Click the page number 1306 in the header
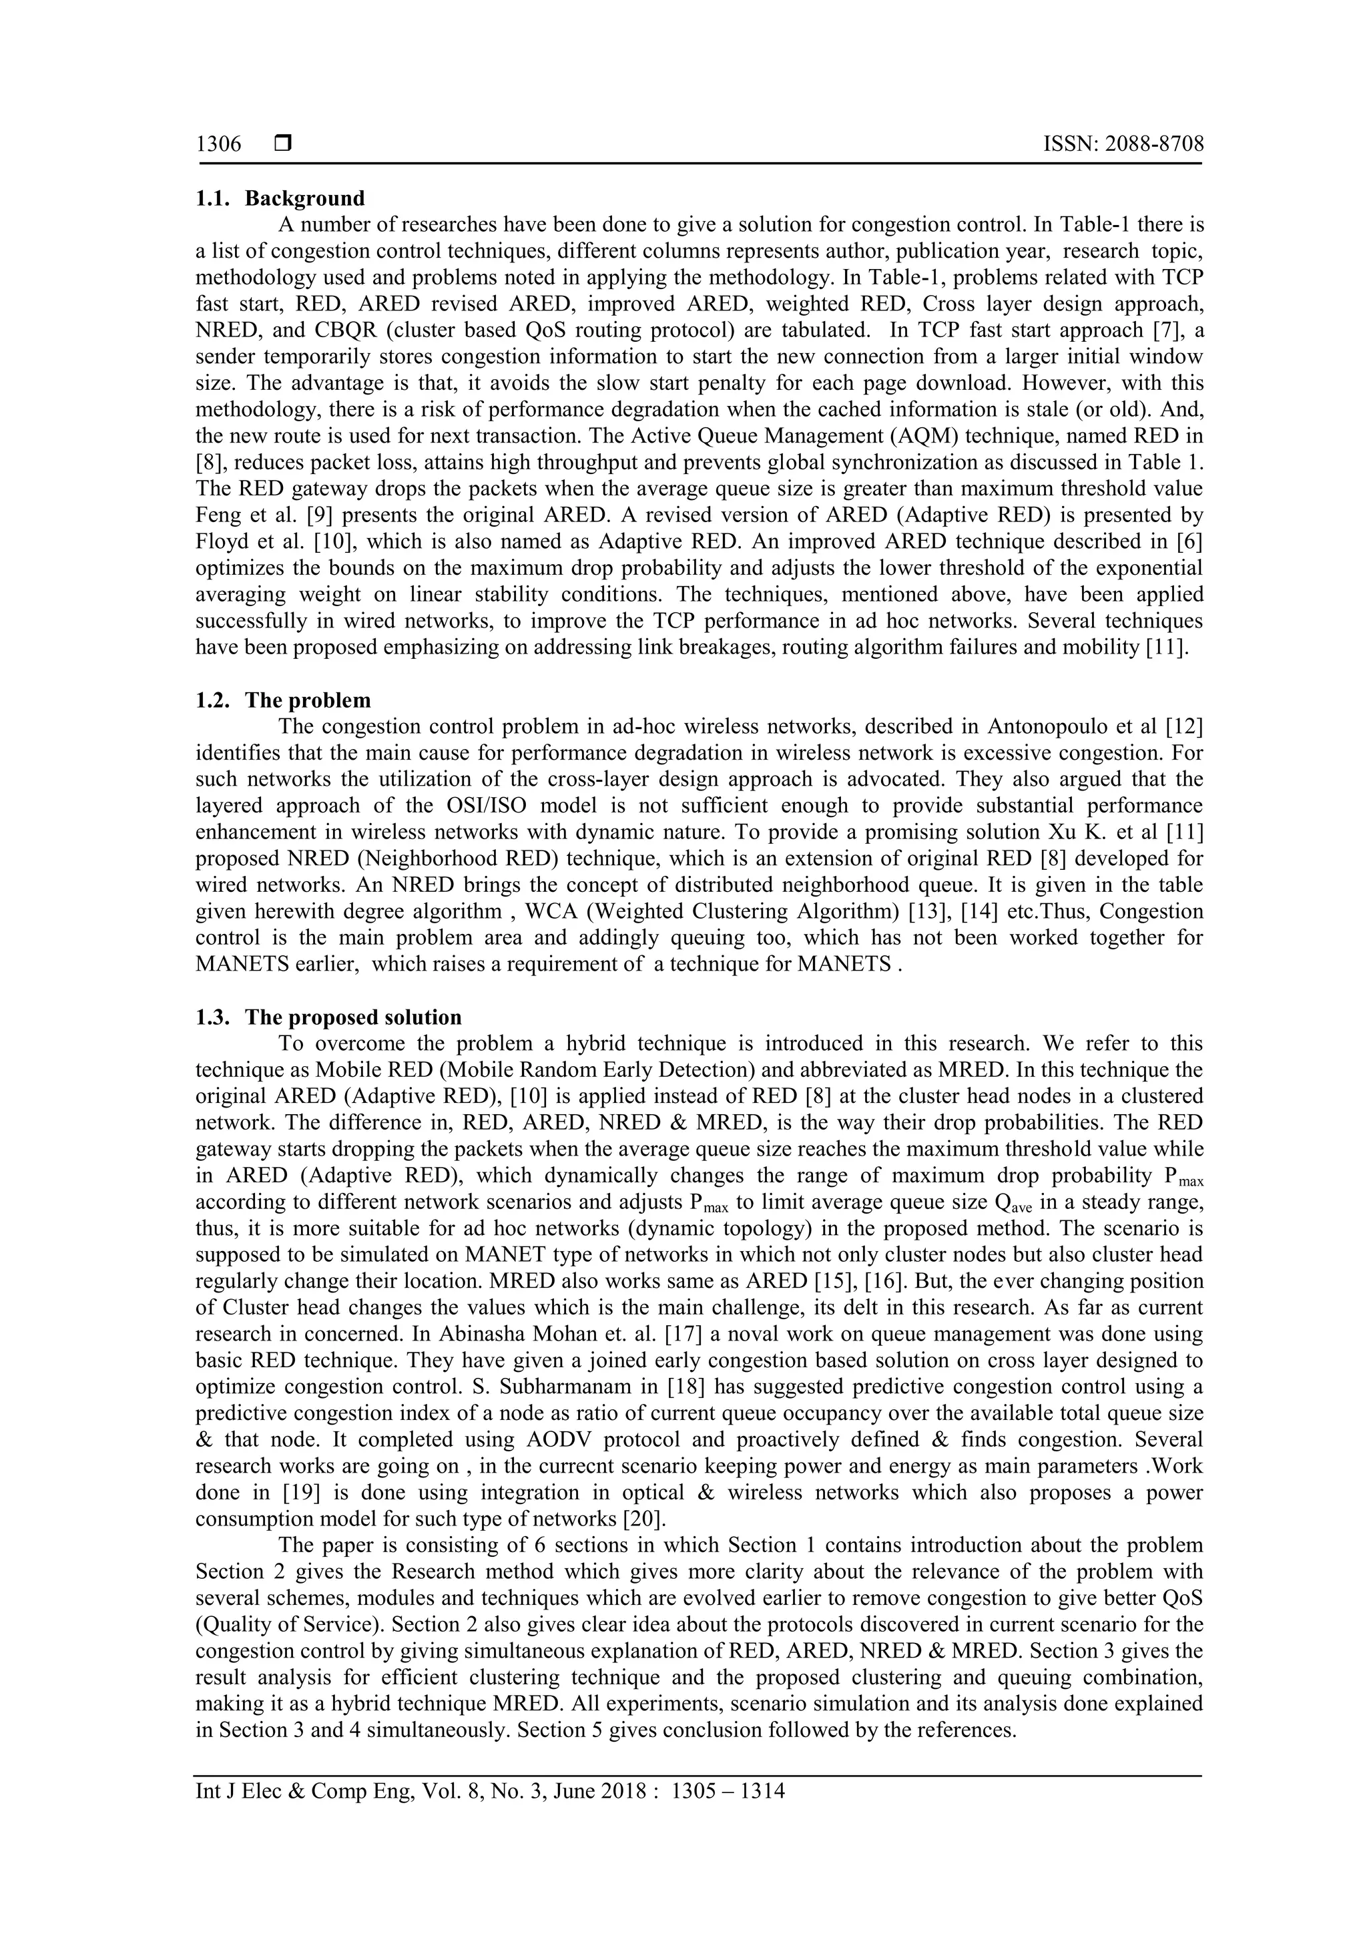coord(218,145)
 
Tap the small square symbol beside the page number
coord(282,145)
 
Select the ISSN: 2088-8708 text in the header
coord(1123,145)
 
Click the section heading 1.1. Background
coord(280,199)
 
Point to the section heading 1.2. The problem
coord(283,701)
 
